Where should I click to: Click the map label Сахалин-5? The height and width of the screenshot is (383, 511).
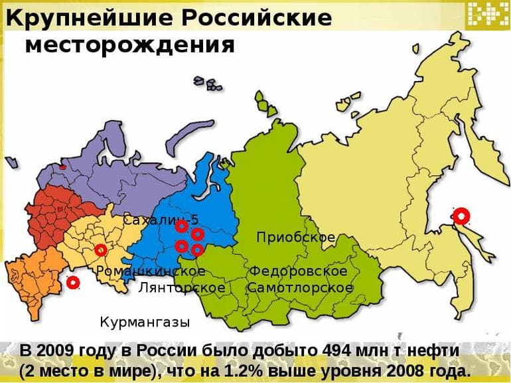coord(161,220)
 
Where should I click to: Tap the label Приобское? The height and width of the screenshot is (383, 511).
coord(295,237)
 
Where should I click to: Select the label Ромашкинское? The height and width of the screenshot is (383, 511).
coord(150,271)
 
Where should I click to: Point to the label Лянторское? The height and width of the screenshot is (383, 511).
coord(181,288)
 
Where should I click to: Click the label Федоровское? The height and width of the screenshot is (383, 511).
coord(298,271)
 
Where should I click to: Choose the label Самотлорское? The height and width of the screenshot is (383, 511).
coord(300,288)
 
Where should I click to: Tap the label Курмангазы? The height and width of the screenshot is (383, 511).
coord(145,322)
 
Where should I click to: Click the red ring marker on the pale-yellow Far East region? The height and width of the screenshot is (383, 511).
coord(461,215)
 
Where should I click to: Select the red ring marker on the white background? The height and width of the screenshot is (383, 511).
coord(73,283)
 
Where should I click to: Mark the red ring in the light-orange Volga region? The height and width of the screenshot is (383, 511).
coord(100,250)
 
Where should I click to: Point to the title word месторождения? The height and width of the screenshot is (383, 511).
coord(129,44)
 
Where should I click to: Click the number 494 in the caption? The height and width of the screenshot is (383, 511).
coord(336,350)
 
